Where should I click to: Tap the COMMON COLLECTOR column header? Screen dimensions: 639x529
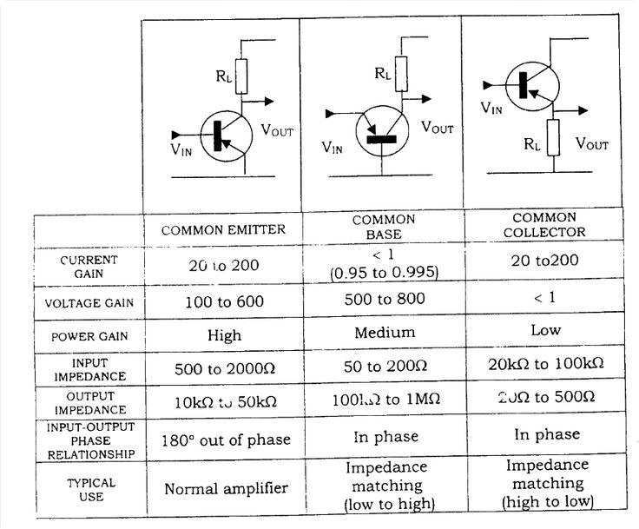[x=545, y=225]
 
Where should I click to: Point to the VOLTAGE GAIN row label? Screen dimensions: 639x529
[x=89, y=303]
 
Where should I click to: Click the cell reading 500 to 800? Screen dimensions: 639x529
[x=383, y=301]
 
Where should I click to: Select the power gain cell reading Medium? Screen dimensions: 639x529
[x=385, y=333]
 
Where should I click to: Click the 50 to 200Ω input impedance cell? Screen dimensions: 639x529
[x=383, y=367]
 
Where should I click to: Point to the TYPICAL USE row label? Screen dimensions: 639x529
[x=89, y=488]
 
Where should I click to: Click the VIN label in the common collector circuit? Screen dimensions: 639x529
[x=492, y=109]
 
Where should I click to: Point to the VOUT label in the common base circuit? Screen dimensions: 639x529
[x=438, y=128]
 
